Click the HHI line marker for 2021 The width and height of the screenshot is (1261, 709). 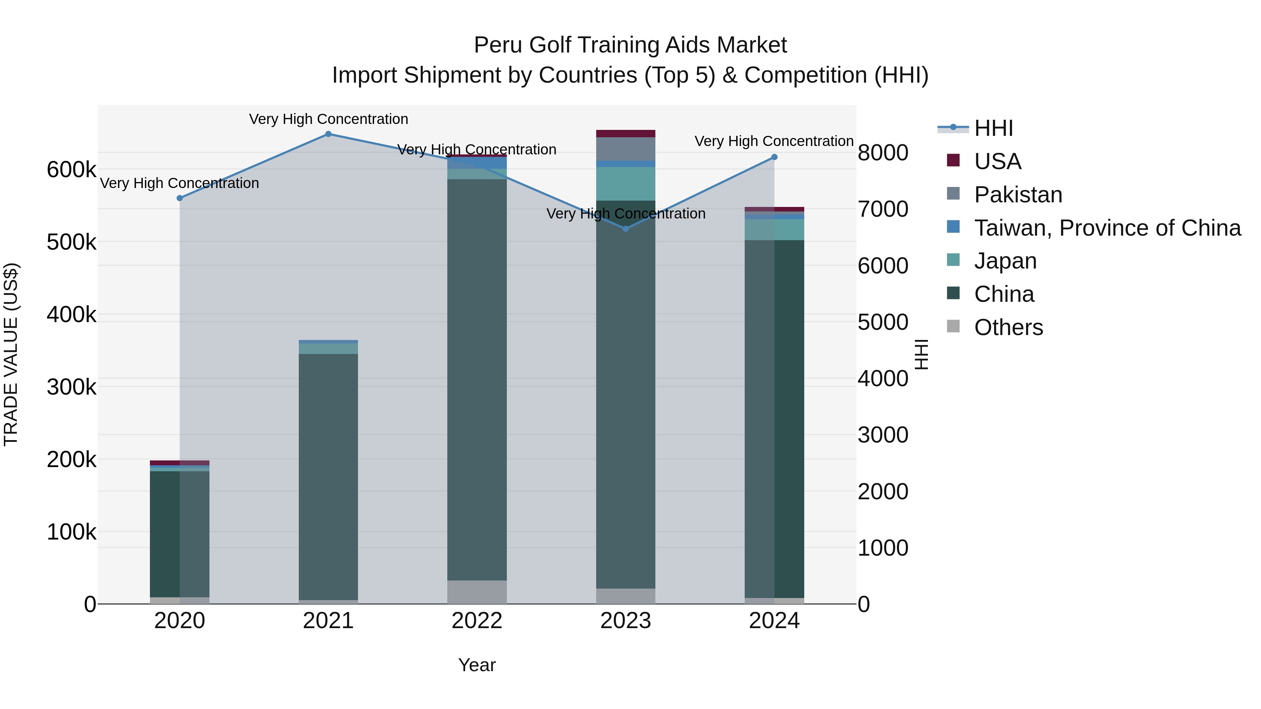pyautogui.click(x=329, y=134)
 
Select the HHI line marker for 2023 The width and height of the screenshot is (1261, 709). pyautogui.click(x=626, y=229)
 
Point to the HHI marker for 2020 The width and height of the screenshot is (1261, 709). pyautogui.click(x=180, y=198)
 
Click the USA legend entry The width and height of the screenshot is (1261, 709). pyautogui.click(x=997, y=161)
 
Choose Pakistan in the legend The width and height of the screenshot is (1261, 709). pyautogui.click(x=1018, y=195)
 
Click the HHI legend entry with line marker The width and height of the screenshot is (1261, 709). pyautogui.click(x=993, y=128)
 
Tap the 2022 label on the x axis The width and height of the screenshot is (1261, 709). pyautogui.click(x=477, y=621)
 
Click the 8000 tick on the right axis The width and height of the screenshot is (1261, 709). pyautogui.click(x=883, y=153)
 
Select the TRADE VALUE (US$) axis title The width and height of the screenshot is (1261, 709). pyautogui.click(x=11, y=354)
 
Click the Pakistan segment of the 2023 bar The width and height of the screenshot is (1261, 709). pyautogui.click(x=626, y=149)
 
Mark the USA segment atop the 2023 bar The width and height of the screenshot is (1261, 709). pyautogui.click(x=626, y=134)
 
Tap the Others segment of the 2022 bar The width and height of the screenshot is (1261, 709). pyautogui.click(x=477, y=592)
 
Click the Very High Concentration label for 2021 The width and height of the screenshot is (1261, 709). pyautogui.click(x=329, y=119)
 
